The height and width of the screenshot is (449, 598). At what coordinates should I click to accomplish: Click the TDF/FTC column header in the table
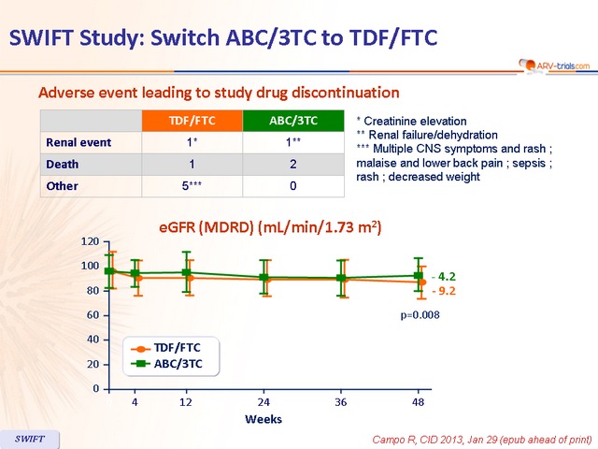(x=192, y=121)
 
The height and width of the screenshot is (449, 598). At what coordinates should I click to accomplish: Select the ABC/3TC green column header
(x=293, y=121)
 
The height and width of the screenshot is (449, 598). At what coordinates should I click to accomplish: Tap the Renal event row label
(x=78, y=142)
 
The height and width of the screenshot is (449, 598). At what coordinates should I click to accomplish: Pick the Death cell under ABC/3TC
(x=293, y=164)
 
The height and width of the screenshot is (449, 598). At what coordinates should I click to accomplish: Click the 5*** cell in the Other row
(x=192, y=185)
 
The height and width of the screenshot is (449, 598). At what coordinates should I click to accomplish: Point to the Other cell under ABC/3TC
(x=293, y=185)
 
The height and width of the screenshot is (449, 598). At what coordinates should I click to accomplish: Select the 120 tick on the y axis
(x=90, y=241)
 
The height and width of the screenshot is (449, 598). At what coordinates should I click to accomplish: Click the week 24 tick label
(x=264, y=401)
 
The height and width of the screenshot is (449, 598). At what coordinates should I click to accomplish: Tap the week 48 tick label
(x=419, y=401)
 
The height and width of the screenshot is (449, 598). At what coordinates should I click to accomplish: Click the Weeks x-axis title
(x=263, y=419)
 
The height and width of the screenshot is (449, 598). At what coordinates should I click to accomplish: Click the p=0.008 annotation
(x=420, y=315)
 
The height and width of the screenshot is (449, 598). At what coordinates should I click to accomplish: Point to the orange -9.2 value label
(x=443, y=291)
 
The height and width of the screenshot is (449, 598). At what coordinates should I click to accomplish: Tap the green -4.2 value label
(x=443, y=277)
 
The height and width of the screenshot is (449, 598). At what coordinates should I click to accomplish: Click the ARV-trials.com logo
(x=554, y=65)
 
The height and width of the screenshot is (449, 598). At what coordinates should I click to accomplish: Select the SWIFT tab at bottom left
(x=28, y=439)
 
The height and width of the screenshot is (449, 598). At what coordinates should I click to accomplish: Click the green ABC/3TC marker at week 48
(x=419, y=275)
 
